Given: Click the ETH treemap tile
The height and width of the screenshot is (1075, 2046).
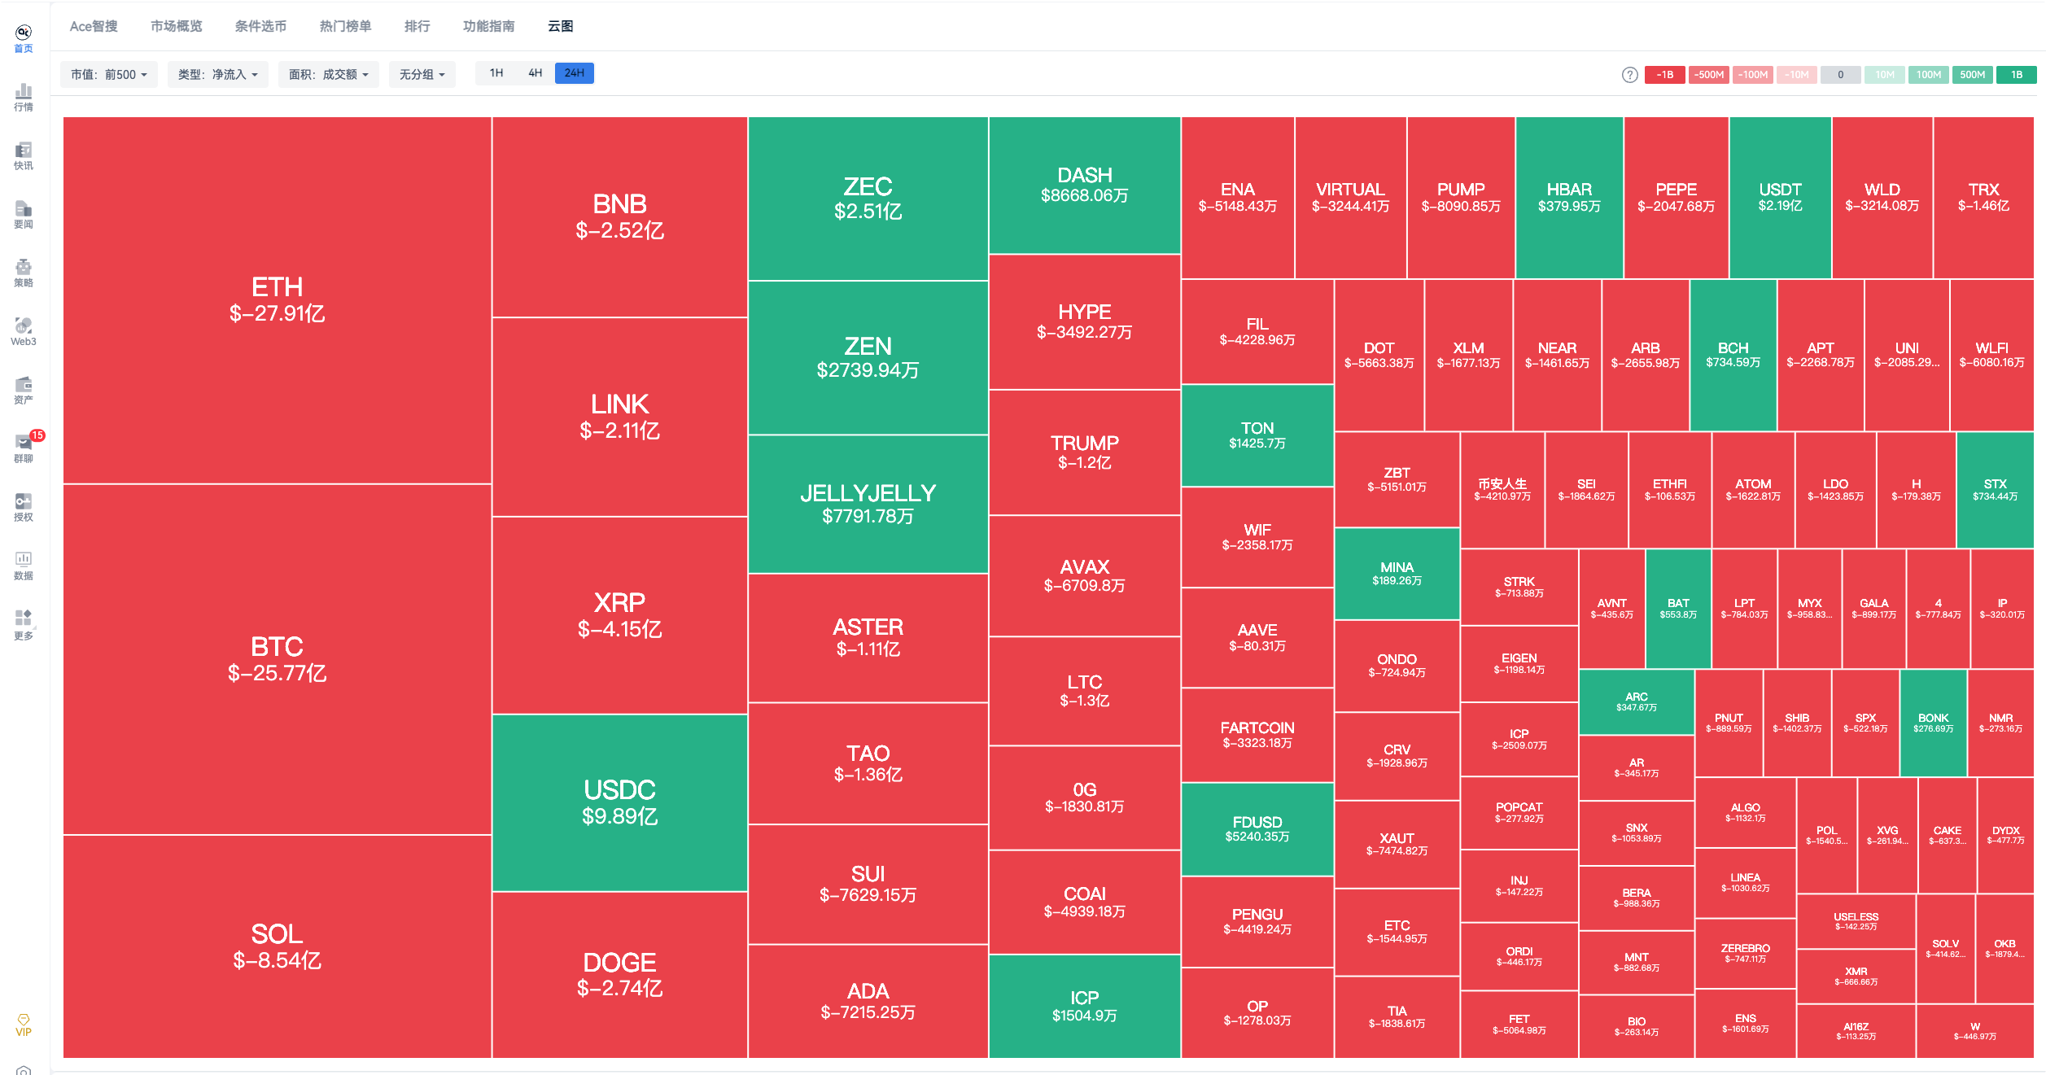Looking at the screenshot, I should (x=277, y=299).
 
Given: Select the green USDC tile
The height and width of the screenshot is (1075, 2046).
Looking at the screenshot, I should (x=619, y=802).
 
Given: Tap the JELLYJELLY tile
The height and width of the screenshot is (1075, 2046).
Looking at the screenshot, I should (x=868, y=504).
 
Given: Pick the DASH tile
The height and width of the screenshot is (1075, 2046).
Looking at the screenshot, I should (x=1084, y=185).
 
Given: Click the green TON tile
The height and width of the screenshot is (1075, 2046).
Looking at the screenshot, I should (x=1257, y=435).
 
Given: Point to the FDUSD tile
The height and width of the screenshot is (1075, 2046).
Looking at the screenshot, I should (x=1257, y=828).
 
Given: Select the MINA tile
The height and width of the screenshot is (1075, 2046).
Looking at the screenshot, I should (x=1397, y=573).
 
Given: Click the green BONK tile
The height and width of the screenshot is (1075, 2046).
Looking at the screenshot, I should (x=1933, y=723).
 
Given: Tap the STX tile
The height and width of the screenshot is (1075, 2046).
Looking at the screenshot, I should (x=1995, y=489).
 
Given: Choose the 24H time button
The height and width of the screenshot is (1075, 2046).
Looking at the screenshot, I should (x=574, y=73).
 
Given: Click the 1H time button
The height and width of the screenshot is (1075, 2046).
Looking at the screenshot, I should (x=496, y=73).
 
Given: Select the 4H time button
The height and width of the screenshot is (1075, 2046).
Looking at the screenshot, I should (x=535, y=73).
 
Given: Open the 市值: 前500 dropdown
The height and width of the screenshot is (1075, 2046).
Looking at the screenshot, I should (x=109, y=75).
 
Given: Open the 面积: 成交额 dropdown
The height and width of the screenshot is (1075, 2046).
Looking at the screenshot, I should (x=328, y=75).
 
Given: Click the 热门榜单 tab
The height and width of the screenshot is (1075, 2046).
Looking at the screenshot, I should (x=345, y=26).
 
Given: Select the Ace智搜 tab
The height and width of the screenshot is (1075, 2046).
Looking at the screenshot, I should (x=94, y=26).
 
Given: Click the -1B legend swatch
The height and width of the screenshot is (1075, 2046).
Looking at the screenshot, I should (x=1664, y=75).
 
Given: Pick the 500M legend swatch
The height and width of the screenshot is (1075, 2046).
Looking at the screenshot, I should (x=1972, y=75).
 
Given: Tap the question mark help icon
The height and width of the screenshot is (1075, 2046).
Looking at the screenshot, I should (x=1629, y=75).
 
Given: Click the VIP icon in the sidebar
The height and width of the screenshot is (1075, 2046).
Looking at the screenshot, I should (x=24, y=1025).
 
